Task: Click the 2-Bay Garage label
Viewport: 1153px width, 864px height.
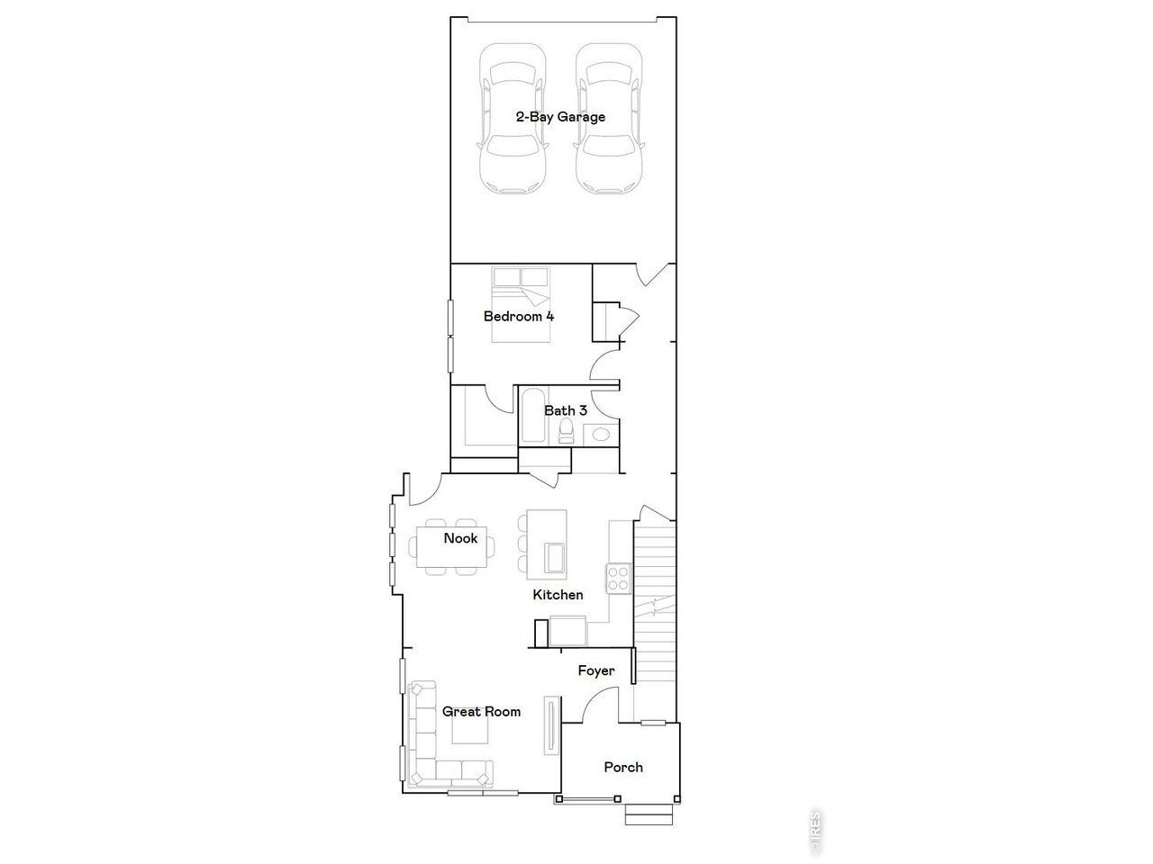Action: click(560, 117)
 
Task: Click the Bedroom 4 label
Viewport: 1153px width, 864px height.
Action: click(519, 317)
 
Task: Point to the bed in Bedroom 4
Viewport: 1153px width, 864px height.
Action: click(522, 305)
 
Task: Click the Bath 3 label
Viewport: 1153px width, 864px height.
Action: click(566, 410)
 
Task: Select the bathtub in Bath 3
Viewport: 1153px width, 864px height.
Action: click(531, 415)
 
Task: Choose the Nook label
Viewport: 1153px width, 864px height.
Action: click(460, 538)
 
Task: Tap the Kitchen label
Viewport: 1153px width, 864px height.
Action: click(558, 595)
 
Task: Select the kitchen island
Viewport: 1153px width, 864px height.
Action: click(547, 544)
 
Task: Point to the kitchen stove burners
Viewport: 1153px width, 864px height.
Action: click(618, 577)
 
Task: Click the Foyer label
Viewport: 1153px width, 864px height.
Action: click(596, 670)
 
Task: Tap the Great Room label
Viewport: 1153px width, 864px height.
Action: click(481, 712)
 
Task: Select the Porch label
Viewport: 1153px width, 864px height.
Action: click(623, 768)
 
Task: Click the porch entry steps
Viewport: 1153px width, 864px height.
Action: click(650, 814)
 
